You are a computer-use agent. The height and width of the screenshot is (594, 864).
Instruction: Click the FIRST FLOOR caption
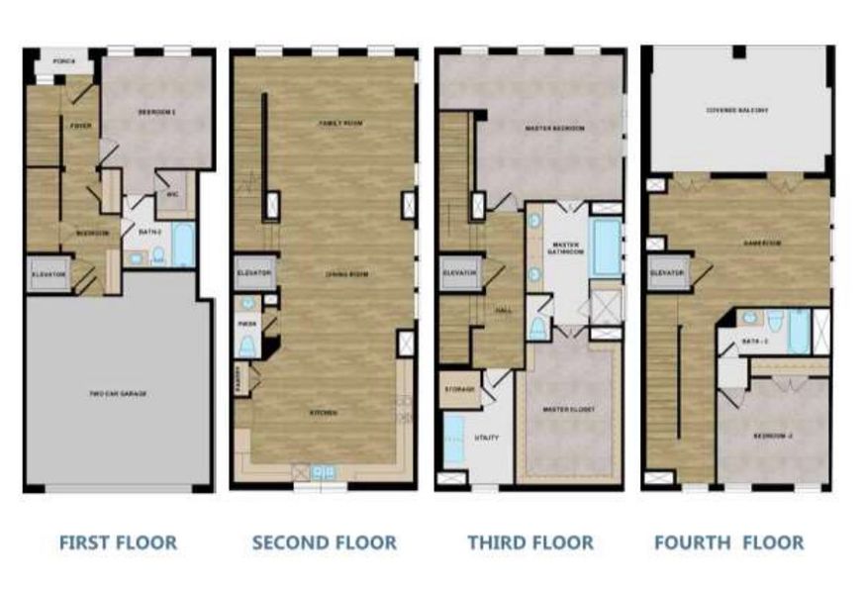(118, 543)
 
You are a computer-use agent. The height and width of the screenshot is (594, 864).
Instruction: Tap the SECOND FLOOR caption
(324, 543)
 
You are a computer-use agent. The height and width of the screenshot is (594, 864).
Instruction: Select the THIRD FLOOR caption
(530, 543)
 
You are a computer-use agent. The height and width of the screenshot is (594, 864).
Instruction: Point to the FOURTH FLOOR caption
(728, 543)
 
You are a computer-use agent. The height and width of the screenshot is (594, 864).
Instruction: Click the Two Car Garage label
(118, 393)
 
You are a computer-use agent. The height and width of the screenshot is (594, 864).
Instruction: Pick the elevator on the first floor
(48, 274)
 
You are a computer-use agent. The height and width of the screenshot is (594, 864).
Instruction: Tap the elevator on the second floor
(253, 274)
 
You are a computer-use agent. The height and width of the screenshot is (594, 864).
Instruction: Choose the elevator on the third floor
(460, 272)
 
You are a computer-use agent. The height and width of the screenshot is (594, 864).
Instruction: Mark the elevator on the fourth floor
(667, 272)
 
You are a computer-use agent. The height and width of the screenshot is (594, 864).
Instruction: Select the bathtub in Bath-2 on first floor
(184, 247)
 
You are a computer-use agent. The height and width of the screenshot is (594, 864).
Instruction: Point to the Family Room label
(336, 124)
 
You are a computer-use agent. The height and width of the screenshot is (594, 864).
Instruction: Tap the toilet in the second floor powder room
(247, 345)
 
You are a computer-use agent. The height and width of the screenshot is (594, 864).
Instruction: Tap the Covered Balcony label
(736, 110)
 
